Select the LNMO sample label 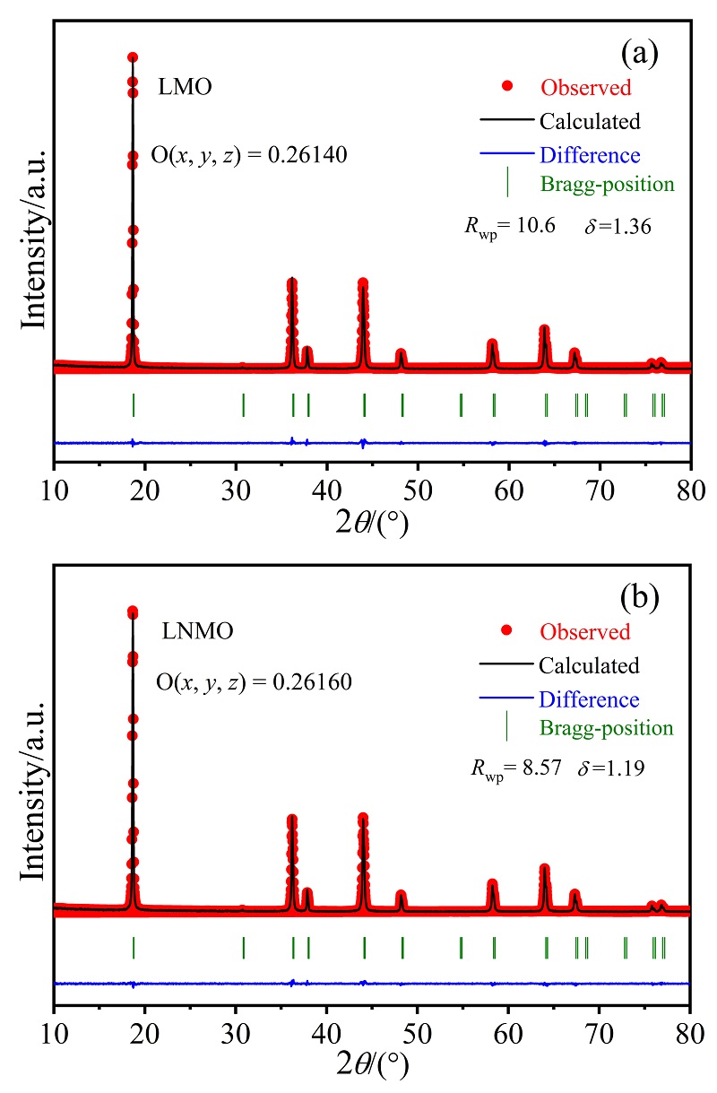tap(197, 630)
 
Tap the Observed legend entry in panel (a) tap(585, 88)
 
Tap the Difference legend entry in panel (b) tap(589, 699)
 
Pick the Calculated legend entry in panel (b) tap(589, 665)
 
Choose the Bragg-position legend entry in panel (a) tap(607, 185)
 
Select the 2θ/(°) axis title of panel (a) tap(372, 522)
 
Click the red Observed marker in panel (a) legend tap(507, 86)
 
